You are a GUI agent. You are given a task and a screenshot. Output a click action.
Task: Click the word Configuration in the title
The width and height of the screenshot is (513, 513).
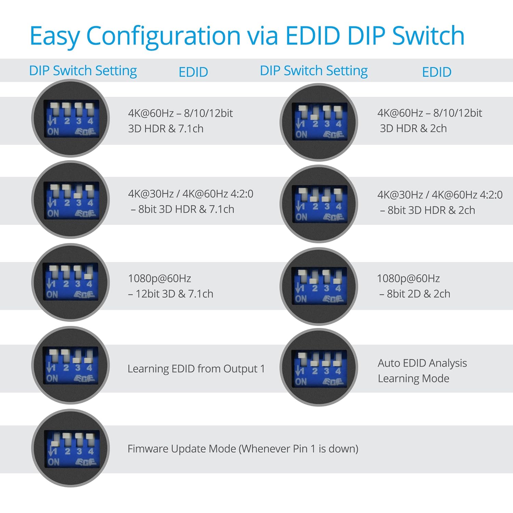point(163,36)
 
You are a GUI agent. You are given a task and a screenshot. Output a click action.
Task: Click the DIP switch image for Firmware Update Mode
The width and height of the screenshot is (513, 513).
point(70,448)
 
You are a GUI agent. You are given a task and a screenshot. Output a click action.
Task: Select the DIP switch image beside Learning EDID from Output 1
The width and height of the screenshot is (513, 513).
point(70,365)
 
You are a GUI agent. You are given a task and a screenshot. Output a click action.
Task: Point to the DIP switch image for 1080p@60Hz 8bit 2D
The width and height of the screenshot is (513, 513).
point(319,286)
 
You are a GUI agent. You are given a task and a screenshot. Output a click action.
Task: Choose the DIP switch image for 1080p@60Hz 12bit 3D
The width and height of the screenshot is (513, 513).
point(70,282)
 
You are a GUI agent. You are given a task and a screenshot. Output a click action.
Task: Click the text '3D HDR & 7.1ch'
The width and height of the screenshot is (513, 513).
point(166,129)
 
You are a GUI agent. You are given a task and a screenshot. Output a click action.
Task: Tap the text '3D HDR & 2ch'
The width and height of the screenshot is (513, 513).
point(413,128)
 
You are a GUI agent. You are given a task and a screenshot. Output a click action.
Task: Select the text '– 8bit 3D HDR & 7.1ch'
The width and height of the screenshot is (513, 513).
point(182,209)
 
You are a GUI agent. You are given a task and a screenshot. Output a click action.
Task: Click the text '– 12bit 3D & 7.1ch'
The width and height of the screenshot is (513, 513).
point(171,293)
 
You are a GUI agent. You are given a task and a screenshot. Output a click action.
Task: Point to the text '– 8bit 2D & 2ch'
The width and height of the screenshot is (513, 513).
point(415,293)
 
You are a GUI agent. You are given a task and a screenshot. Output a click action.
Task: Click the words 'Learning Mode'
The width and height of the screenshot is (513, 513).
point(413,378)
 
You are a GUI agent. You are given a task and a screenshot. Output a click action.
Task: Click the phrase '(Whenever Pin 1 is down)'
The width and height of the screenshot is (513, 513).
point(299,448)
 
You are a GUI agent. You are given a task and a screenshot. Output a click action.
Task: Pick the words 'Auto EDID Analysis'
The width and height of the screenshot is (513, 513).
point(422,363)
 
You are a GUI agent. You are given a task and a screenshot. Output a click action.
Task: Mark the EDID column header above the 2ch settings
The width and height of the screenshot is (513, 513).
point(436,72)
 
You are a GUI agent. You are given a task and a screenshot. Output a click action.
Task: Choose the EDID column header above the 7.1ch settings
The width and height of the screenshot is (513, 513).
point(193,72)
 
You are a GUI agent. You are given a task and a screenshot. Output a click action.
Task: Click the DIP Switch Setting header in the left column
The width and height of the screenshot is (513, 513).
point(83,71)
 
